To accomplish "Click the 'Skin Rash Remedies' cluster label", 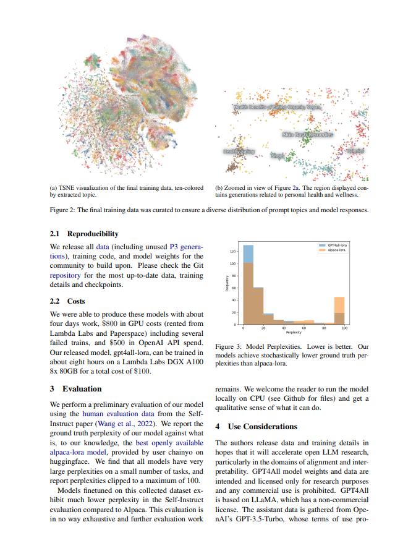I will pyautogui.click(x=307, y=134).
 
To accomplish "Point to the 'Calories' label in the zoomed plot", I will pyautogui.click(x=355, y=150).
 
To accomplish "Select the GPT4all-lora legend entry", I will pyautogui.click(x=335, y=245).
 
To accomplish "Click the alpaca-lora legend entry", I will pyautogui.click(x=335, y=250).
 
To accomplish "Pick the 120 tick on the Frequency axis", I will pyautogui.click(x=232, y=252).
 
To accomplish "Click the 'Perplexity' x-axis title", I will pyautogui.click(x=294, y=332).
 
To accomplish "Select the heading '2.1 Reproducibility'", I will pyautogui.click(x=83, y=234).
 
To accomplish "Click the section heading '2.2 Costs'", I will pyautogui.click(x=67, y=301).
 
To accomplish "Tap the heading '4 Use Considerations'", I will pyautogui.click(x=256, y=427).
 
